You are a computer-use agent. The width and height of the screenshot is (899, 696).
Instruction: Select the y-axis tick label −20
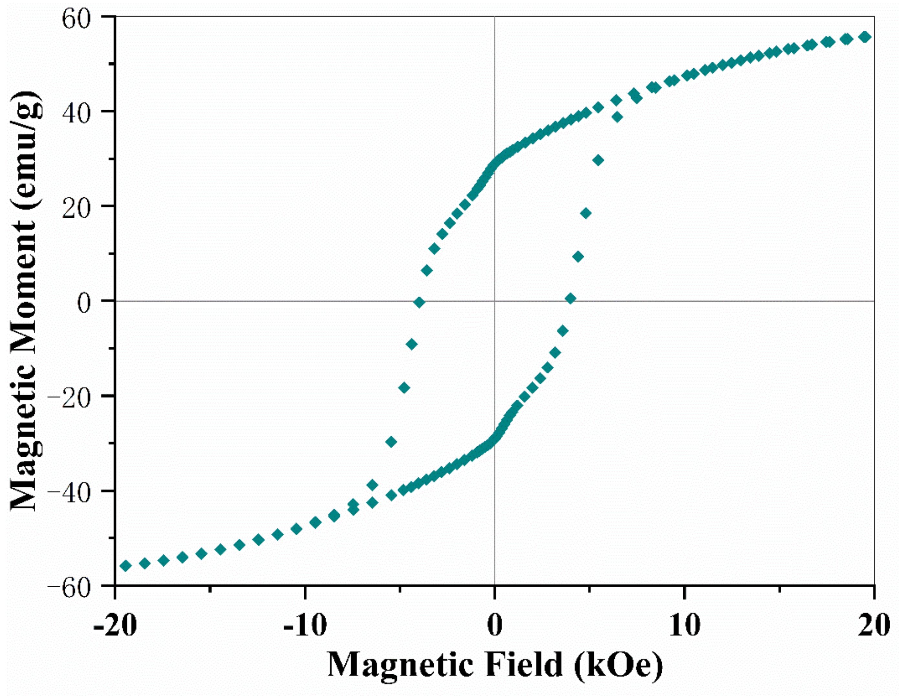coord(78,396)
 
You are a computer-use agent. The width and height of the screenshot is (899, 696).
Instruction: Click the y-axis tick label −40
coord(78,491)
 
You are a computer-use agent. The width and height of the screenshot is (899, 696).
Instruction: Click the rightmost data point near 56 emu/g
coord(865,37)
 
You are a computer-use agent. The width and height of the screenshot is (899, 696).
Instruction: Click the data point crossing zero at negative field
coord(419,302)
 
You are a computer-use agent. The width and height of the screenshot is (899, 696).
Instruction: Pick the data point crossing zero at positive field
coord(570,299)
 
